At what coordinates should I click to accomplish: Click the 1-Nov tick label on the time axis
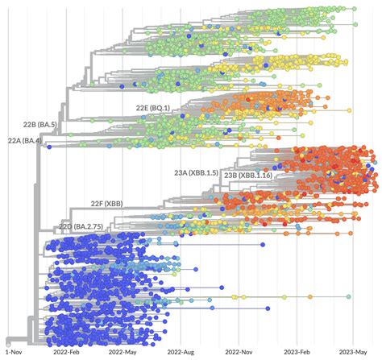click(12, 352)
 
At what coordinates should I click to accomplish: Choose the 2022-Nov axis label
click(239, 352)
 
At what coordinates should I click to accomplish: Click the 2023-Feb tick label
click(297, 352)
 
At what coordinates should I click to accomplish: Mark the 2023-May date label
click(352, 352)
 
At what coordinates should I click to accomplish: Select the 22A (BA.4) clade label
click(24, 140)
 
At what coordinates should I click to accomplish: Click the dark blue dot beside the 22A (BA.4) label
click(50, 146)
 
